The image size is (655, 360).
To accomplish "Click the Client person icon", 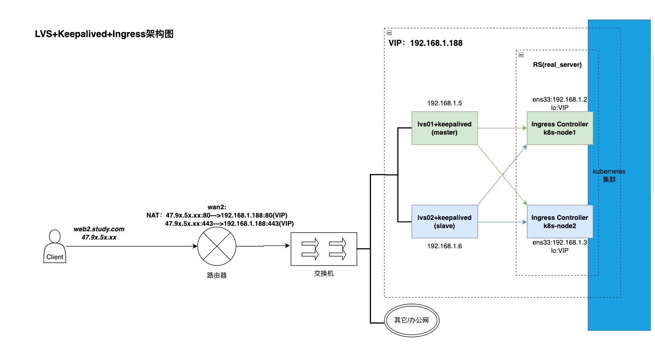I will click(54, 247).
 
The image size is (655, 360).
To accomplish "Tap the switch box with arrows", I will click(323, 249).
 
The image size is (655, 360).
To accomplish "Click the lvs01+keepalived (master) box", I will click(444, 128).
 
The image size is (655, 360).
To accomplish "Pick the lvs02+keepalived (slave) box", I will click(444, 221).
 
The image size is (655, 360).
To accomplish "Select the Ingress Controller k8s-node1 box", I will click(559, 128).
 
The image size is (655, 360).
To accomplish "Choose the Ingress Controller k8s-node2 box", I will click(559, 221).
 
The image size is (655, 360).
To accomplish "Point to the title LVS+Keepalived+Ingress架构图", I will click(104, 34).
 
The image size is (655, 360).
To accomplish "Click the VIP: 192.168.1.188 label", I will click(425, 44).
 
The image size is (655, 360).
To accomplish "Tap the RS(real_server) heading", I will click(557, 65).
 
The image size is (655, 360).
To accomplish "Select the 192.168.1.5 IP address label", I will click(444, 104).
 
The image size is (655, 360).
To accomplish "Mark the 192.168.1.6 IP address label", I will click(444, 246).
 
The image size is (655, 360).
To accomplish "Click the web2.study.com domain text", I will click(99, 229).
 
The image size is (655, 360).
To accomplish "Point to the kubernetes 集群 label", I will click(609, 175).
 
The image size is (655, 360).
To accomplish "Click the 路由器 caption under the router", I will click(217, 276).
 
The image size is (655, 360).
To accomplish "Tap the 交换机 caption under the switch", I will click(323, 273).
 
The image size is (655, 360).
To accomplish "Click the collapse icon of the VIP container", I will click(389, 33).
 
